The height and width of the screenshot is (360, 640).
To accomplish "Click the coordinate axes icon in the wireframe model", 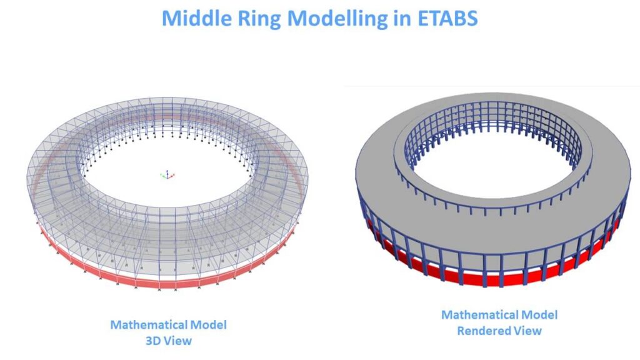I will pyautogui.click(x=167, y=176).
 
